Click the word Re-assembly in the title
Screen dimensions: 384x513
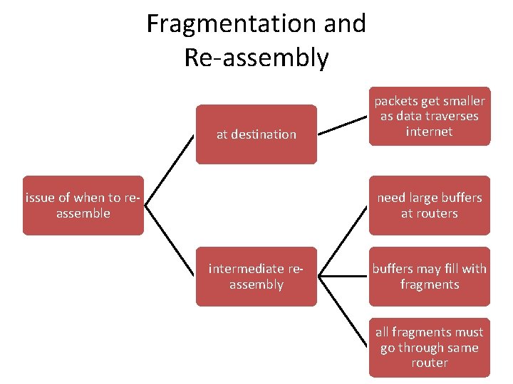point(256,58)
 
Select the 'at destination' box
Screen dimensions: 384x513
point(256,134)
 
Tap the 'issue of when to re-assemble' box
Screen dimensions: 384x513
point(83,206)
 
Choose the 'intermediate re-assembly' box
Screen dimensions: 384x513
point(256,277)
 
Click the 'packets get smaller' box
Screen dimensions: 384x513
point(430,116)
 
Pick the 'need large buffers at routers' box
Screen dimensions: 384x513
point(430,206)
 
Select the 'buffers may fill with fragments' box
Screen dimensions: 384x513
point(430,277)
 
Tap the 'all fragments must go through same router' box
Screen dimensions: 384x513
point(430,348)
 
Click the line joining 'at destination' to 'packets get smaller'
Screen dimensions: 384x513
point(343,125)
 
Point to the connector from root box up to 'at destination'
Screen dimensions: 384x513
point(170,170)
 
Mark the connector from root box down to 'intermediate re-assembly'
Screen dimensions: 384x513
point(170,241)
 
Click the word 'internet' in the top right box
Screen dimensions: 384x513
point(430,132)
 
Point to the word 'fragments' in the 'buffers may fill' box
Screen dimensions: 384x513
point(430,284)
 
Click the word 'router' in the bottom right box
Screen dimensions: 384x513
point(430,363)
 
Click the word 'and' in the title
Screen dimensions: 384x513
point(345,23)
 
